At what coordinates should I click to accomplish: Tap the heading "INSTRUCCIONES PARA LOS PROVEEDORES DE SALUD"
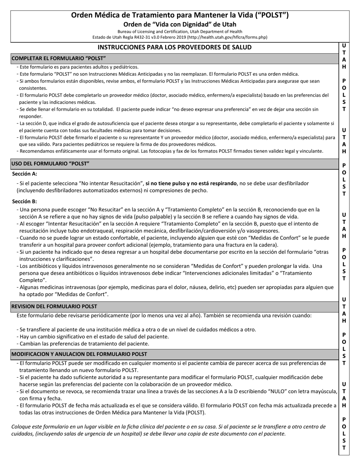coord(174,47)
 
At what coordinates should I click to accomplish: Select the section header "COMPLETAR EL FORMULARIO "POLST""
coord(59,58)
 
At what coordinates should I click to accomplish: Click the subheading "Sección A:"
coord(25,174)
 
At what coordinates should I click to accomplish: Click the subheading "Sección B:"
coord(25,201)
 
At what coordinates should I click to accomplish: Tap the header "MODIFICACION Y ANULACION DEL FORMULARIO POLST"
coord(79,354)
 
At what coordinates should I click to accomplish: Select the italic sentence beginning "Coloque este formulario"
coord(168,430)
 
